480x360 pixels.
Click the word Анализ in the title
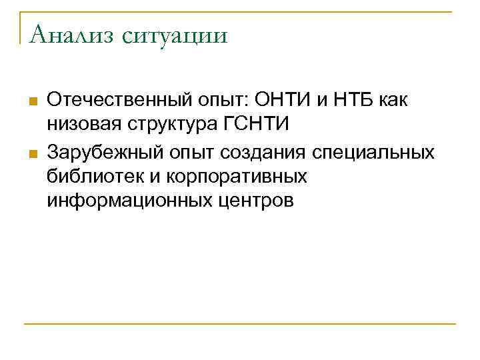click(x=66, y=33)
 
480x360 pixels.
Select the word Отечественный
click(x=119, y=101)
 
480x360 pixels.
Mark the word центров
click(x=260, y=201)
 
